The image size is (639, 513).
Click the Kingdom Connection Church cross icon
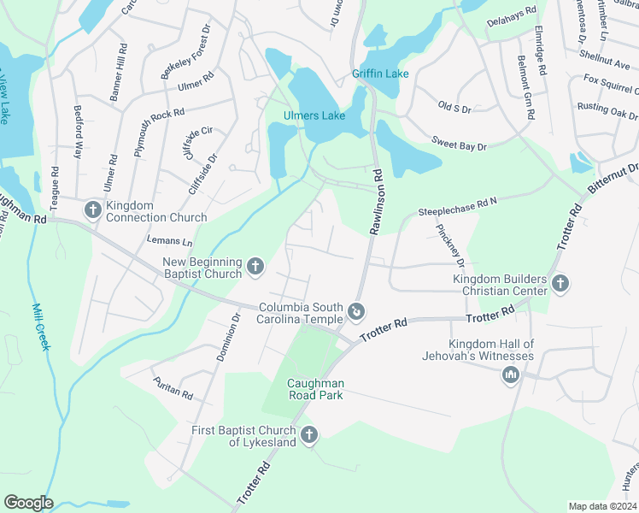coord(93,209)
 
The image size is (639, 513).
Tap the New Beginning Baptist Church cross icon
coord(255,268)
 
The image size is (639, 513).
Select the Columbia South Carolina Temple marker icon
coord(357,310)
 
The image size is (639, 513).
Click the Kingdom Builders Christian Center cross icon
coord(560,283)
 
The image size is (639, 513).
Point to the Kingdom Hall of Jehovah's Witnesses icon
coord(511,374)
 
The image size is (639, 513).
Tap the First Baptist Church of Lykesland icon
coord(309,435)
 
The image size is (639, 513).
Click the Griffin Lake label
coord(380,74)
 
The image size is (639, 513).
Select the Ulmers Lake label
coord(314,115)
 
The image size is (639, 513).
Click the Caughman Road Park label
coord(315,390)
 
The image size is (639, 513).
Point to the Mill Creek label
coord(42,327)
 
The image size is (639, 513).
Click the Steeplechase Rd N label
coord(457,208)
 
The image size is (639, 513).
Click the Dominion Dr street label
coord(227,336)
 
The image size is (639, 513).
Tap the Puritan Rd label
coord(173,388)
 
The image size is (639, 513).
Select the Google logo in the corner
coord(28,503)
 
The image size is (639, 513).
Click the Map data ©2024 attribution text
coord(602,506)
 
